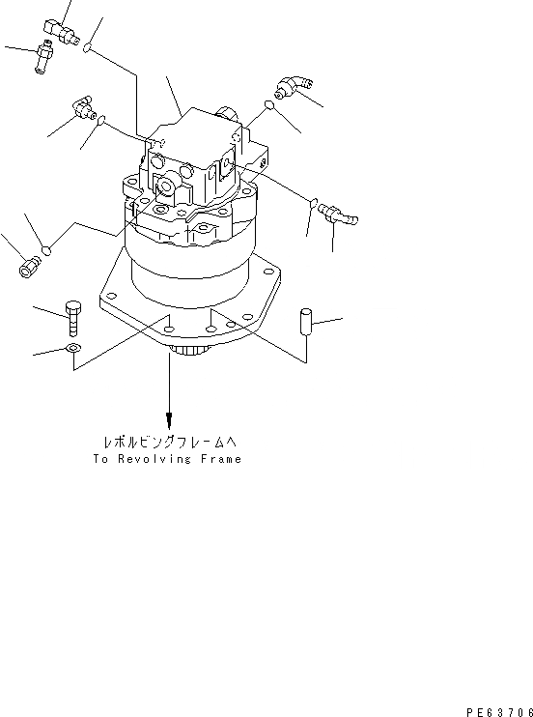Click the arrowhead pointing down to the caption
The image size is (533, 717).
pyautogui.click(x=169, y=420)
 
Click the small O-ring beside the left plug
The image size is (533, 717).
pyautogui.click(x=47, y=252)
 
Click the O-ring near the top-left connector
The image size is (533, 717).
pyautogui.click(x=89, y=48)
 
